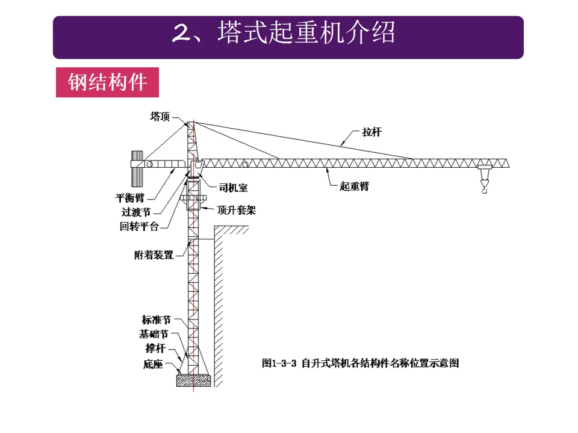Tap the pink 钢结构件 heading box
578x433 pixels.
point(107,82)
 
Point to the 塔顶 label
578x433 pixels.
point(160,116)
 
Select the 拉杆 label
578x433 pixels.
point(371,132)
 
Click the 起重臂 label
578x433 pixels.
point(354,186)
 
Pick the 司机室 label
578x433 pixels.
point(232,188)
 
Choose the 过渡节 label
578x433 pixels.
point(135,212)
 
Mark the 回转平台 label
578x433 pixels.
point(139,226)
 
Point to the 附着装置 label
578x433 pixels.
point(154,255)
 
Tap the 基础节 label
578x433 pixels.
point(154,334)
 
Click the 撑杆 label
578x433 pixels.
point(155,348)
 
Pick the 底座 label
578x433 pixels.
point(153,364)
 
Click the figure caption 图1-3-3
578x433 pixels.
point(360,363)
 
